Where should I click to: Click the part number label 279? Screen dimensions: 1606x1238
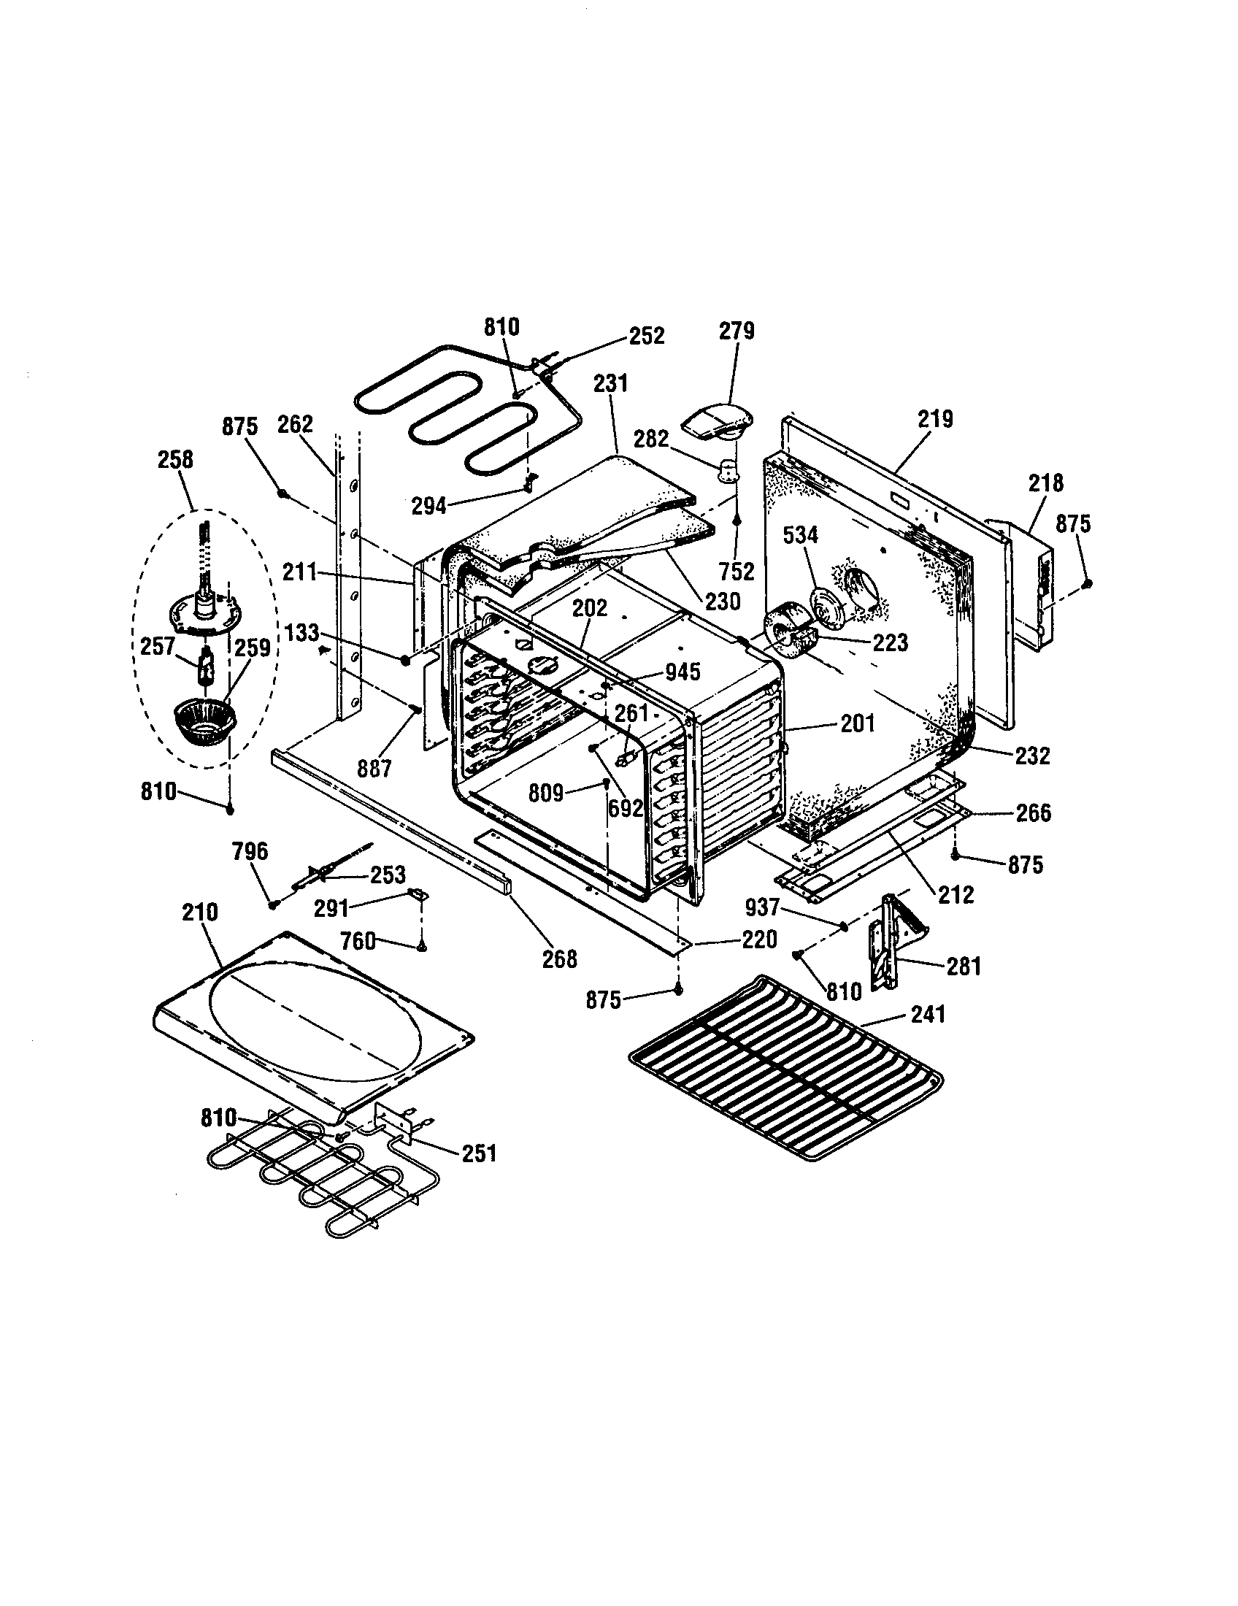point(737,331)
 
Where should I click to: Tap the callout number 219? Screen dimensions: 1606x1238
point(935,419)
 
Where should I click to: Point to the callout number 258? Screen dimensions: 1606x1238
point(176,460)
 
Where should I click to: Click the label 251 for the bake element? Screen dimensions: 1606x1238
point(479,1153)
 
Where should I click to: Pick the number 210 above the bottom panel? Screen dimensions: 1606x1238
point(200,912)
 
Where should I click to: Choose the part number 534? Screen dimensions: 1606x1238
point(800,535)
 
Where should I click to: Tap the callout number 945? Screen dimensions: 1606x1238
point(682,672)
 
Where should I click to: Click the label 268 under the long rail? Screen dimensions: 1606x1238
point(559,959)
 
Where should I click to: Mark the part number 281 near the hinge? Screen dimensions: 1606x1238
point(964,966)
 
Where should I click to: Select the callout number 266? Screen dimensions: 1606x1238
point(1033,812)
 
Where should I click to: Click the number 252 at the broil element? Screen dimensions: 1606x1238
point(646,335)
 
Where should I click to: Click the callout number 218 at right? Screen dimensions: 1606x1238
point(1045,483)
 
